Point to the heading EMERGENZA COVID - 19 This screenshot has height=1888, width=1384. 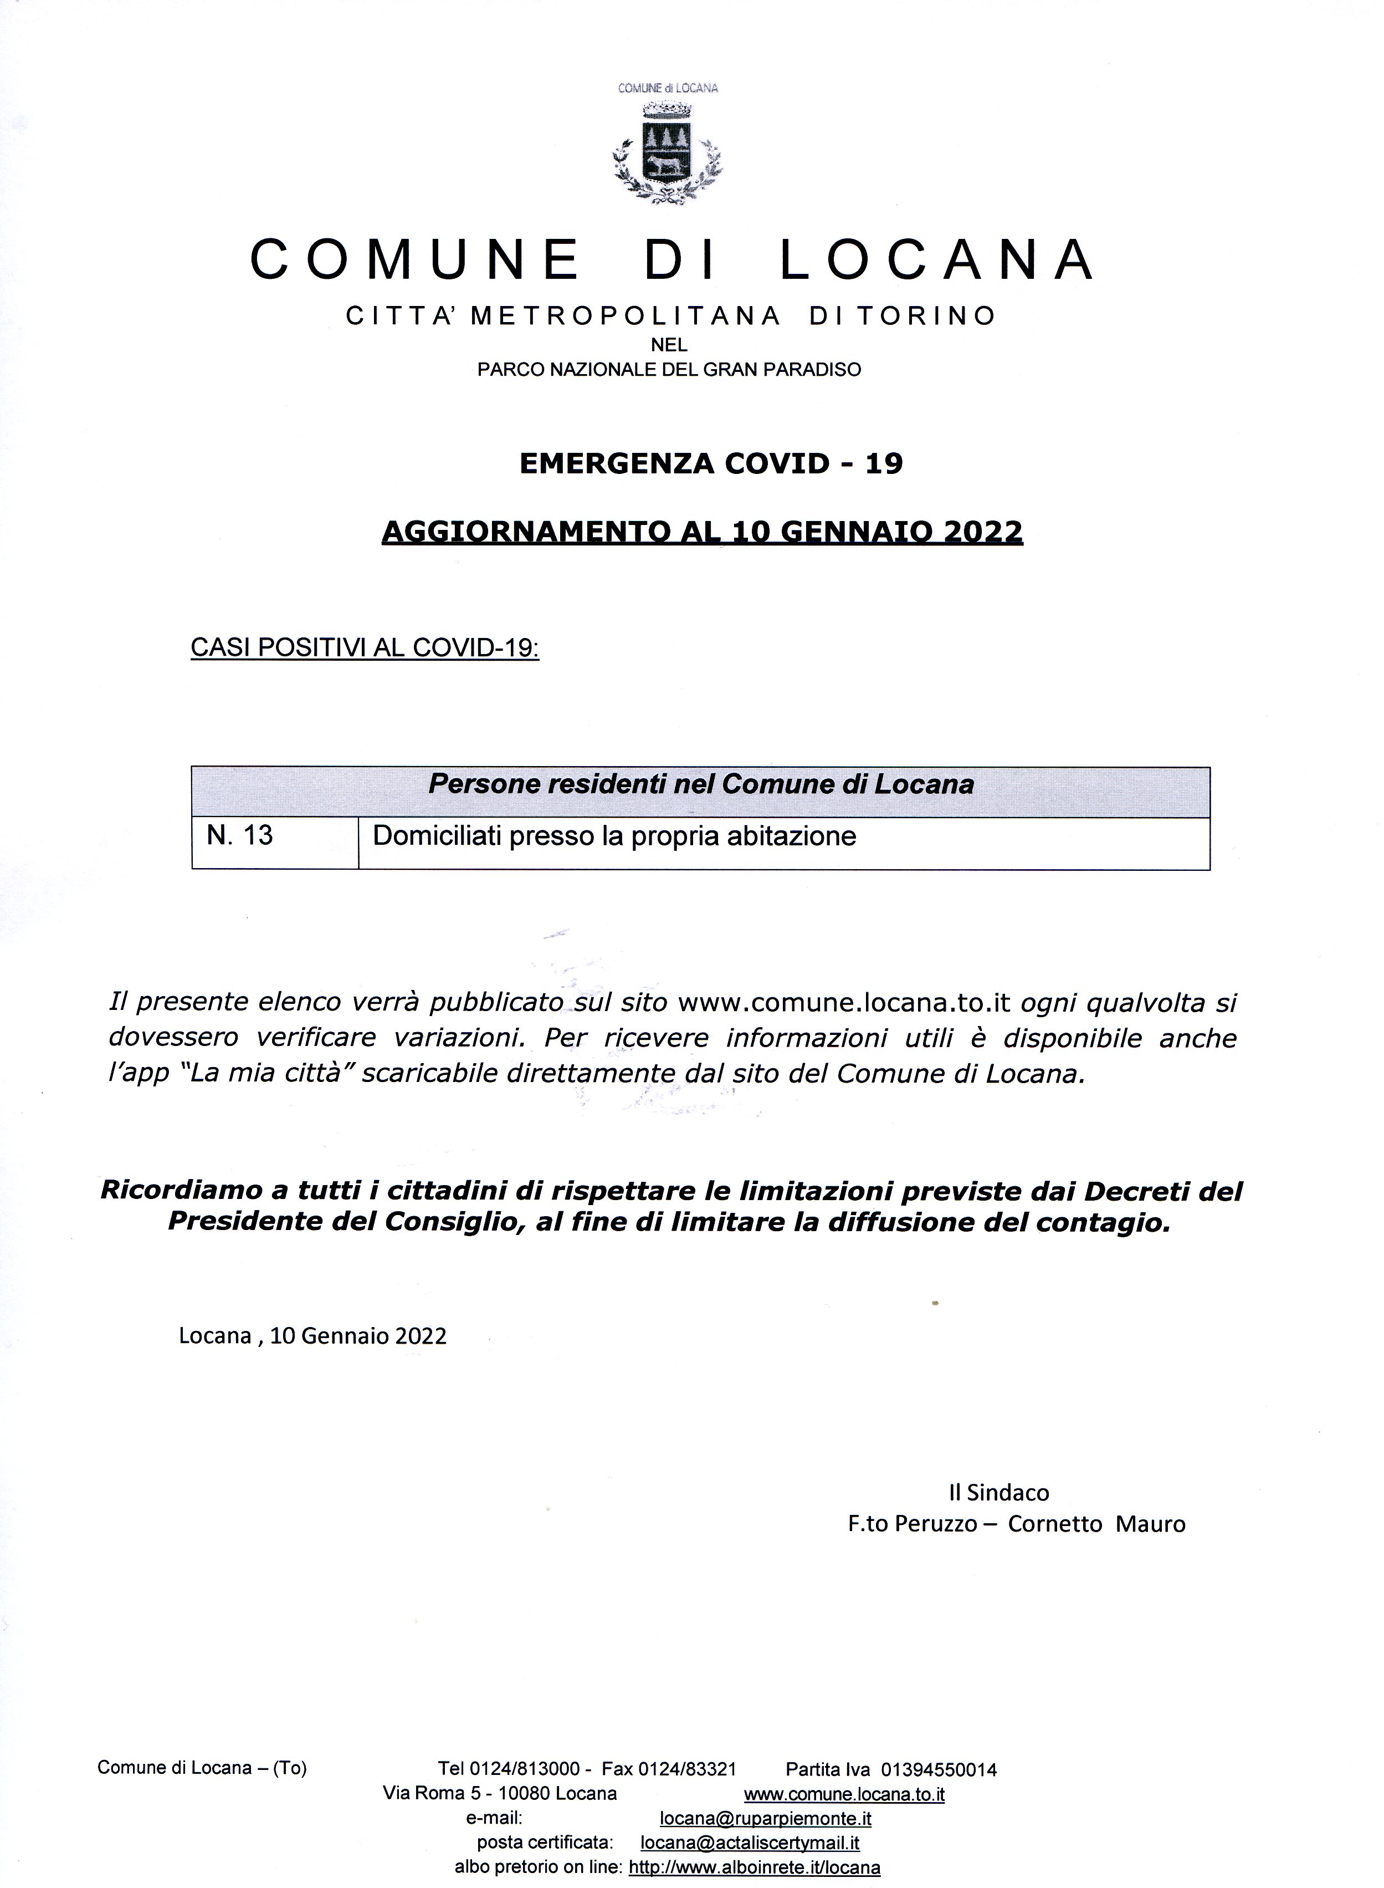(x=711, y=463)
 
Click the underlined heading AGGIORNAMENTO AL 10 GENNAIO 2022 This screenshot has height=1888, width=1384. (x=702, y=531)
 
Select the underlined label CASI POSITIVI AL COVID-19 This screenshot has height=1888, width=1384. (x=365, y=648)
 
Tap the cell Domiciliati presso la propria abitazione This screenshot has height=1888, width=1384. (x=614, y=836)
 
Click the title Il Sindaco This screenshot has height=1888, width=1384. (x=998, y=1492)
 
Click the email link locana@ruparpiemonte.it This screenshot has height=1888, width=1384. (x=766, y=1819)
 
